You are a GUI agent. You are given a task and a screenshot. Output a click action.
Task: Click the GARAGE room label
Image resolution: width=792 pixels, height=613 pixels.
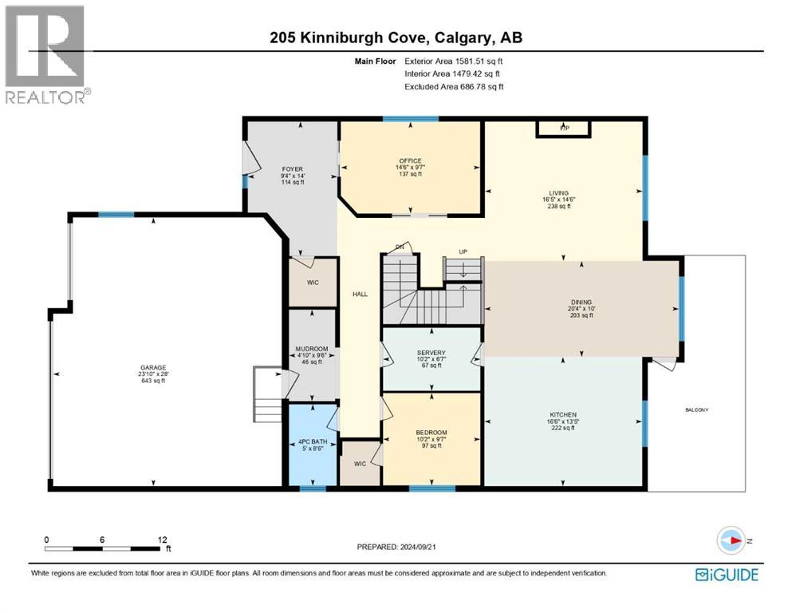coord(153,368)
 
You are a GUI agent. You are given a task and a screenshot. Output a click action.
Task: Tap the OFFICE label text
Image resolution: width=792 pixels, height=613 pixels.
coord(410,161)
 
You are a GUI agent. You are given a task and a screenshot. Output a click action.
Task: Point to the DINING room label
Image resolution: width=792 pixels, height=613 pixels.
coord(581,302)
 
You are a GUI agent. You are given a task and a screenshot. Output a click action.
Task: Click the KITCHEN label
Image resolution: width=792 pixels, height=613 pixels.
coord(562,414)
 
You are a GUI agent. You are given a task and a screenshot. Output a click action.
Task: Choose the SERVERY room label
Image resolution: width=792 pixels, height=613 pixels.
coord(431,353)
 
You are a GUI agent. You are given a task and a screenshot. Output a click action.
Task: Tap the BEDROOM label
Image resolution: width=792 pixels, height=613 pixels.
coord(431,433)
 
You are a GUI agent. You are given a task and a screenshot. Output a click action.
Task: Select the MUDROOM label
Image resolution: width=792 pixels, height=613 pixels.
coord(310,349)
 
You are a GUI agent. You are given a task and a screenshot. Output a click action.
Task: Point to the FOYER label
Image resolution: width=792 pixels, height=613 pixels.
coord(292,169)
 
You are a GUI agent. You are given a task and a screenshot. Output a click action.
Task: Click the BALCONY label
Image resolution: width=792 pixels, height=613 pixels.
coord(696,410)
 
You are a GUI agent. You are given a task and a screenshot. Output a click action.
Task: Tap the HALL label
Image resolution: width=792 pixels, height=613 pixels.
coord(360,295)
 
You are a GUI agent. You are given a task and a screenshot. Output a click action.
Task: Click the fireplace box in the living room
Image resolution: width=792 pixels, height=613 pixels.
coord(563,128)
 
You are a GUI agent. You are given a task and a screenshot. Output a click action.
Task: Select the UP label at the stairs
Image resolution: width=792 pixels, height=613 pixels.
coord(463,251)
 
